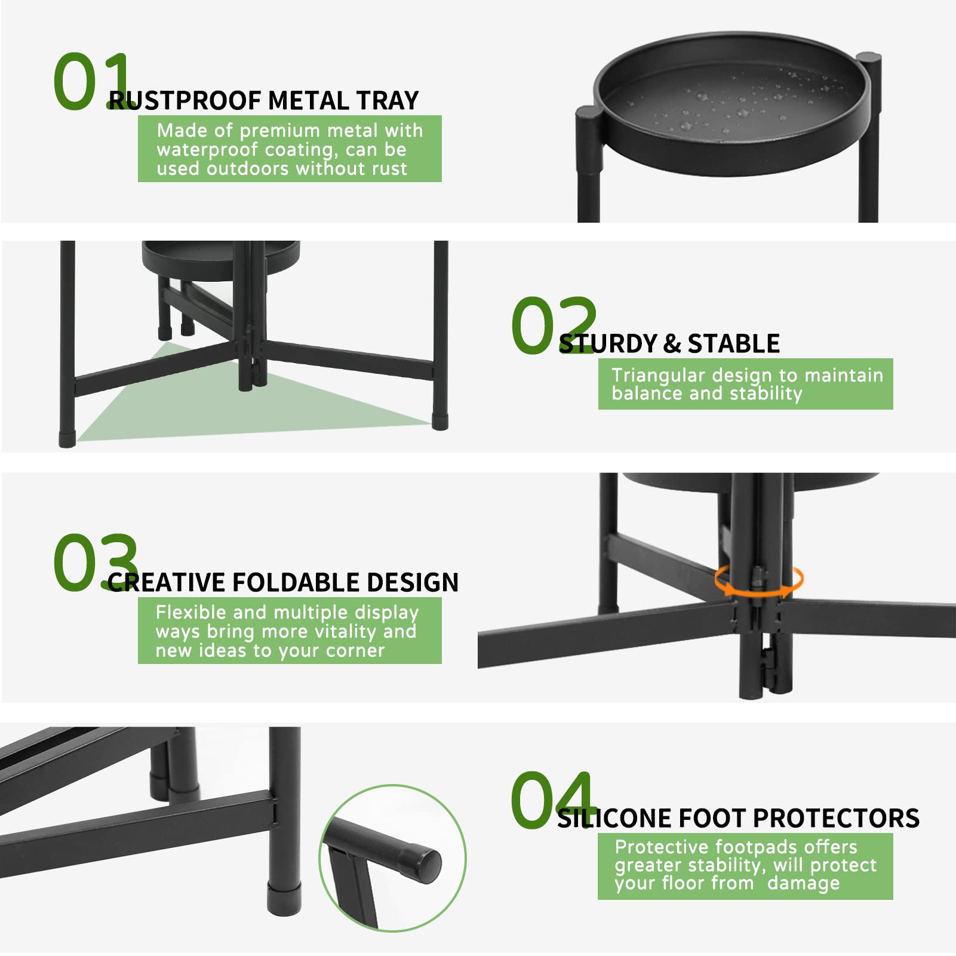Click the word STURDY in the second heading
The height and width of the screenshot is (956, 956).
coord(607,344)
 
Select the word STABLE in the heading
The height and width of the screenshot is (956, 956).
coord(733,344)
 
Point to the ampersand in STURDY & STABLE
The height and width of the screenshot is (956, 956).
coord(672,344)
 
